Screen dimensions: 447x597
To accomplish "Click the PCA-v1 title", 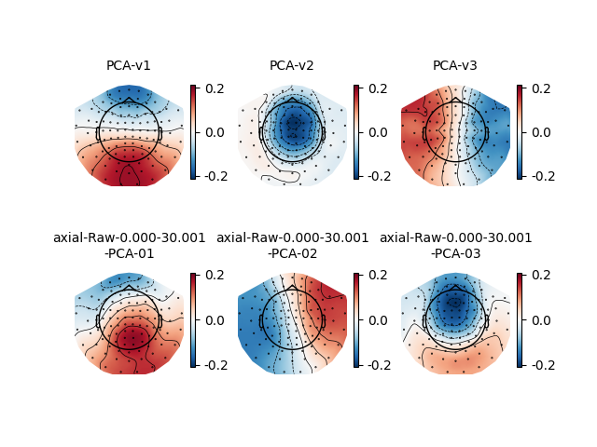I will pyautogui.click(x=129, y=65).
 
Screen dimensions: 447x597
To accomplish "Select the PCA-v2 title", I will pyautogui.click(x=292, y=65).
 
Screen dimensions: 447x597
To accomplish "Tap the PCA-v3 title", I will pyautogui.click(x=455, y=65).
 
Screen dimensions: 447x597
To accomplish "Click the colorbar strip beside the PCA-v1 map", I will pyautogui.click(x=193, y=132).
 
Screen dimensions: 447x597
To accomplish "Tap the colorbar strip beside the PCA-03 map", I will pyautogui.click(x=520, y=319).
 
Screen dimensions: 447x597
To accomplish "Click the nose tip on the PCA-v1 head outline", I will pyautogui.click(x=129, y=97).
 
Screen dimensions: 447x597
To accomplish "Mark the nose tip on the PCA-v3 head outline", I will pyautogui.click(x=455, y=97).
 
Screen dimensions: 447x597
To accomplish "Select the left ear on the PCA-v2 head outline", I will pyautogui.click(x=260, y=133).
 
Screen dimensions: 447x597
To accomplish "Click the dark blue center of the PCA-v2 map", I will pyautogui.click(x=293, y=124).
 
